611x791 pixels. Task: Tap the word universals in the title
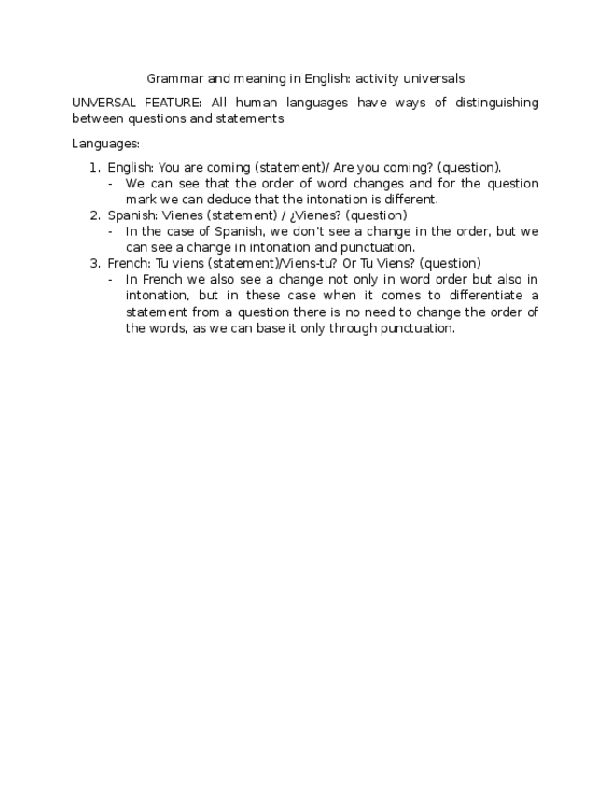[432, 79]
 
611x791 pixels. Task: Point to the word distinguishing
[496, 103]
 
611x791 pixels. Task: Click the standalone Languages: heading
[105, 144]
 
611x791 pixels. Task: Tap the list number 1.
[94, 168]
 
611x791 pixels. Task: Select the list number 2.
[94, 215]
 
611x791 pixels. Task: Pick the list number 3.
[94, 263]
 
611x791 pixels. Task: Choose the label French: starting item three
[130, 263]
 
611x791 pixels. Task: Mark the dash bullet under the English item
[111, 184]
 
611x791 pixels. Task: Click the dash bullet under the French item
[111, 280]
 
